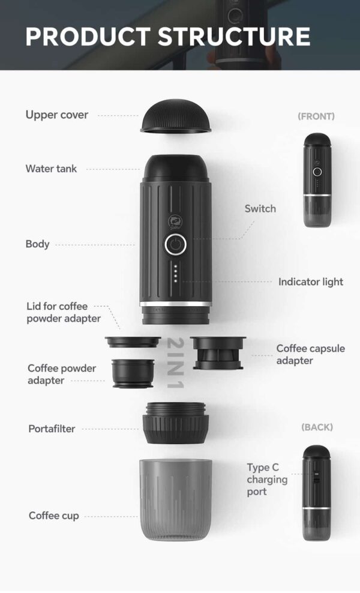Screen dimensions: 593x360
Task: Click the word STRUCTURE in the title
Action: point(235,36)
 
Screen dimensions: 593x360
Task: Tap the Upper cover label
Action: point(57,115)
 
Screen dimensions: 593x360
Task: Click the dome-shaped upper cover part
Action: point(176,117)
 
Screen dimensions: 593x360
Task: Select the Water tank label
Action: point(51,169)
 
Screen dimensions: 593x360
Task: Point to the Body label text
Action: point(37,244)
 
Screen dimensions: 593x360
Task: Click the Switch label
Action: point(260,209)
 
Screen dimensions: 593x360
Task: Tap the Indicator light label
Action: point(311,281)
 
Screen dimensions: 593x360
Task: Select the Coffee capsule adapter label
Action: point(310,355)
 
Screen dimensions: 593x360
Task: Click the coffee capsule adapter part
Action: point(217,352)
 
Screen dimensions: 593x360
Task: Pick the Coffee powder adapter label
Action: point(62,375)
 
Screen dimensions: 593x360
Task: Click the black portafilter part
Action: point(176,423)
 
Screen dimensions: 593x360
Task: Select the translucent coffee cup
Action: point(176,499)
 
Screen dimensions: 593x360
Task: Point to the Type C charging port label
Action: point(267,480)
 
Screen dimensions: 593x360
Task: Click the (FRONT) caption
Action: point(316,116)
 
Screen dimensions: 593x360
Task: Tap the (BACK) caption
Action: point(317,427)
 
